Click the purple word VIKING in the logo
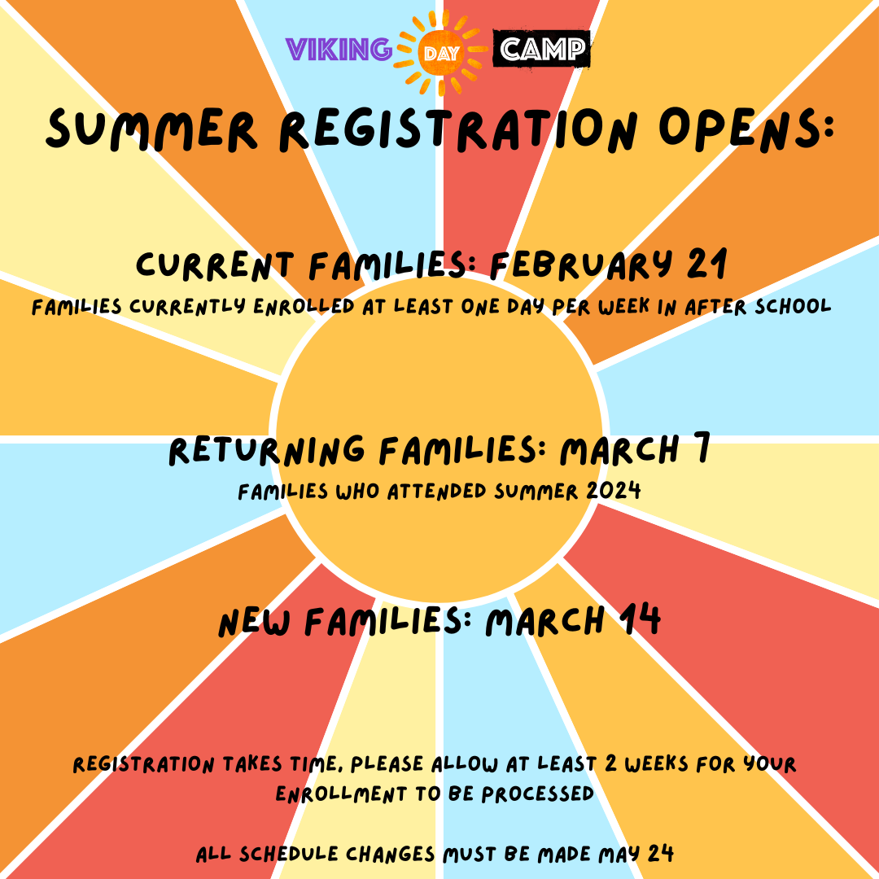(339, 50)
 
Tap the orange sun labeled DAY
(439, 52)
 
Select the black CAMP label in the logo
(542, 50)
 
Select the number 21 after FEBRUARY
(705, 265)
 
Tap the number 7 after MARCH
(698, 450)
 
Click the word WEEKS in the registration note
(667, 765)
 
